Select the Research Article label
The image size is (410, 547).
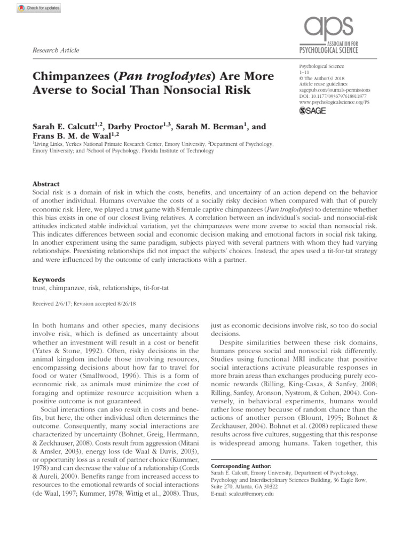coord(56,50)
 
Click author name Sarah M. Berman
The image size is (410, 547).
coord(206,127)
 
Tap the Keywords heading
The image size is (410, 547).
coord(49,279)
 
